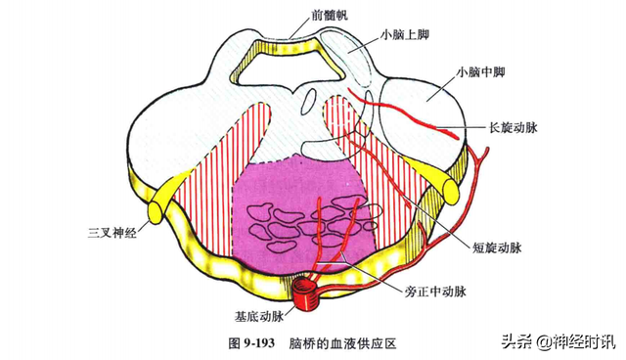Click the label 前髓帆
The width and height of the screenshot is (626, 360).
tap(299, 16)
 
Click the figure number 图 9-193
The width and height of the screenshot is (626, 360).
tap(252, 342)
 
